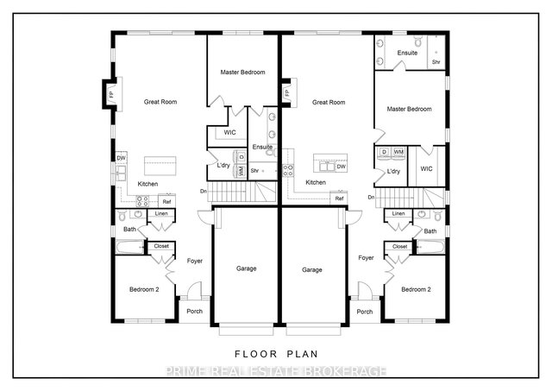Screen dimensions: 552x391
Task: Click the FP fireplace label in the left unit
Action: point(111,94)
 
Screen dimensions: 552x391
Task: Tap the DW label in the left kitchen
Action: point(121,158)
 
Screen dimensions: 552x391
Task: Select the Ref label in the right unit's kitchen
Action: point(339,199)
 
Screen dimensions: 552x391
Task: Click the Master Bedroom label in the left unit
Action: point(242,73)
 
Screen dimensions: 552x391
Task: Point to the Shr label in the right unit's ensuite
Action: point(436,62)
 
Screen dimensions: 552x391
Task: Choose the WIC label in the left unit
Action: point(230,132)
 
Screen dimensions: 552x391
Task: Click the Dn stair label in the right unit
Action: point(371,198)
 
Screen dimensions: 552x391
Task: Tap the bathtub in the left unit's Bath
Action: point(130,247)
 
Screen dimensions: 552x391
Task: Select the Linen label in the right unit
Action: point(398,213)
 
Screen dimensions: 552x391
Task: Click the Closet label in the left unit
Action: point(161,246)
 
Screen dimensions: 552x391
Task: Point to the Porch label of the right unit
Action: point(364,312)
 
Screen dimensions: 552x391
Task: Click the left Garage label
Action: point(246,268)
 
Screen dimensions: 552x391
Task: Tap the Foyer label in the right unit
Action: point(366,258)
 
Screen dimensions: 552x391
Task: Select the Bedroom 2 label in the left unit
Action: point(144,289)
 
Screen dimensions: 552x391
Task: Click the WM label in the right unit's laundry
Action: point(398,152)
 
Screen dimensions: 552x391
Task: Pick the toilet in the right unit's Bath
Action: point(437,215)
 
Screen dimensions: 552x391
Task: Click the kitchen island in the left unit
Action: point(160,166)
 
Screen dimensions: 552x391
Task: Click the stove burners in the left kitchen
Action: point(142,201)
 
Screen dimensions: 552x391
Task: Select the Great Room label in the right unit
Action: point(329,103)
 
